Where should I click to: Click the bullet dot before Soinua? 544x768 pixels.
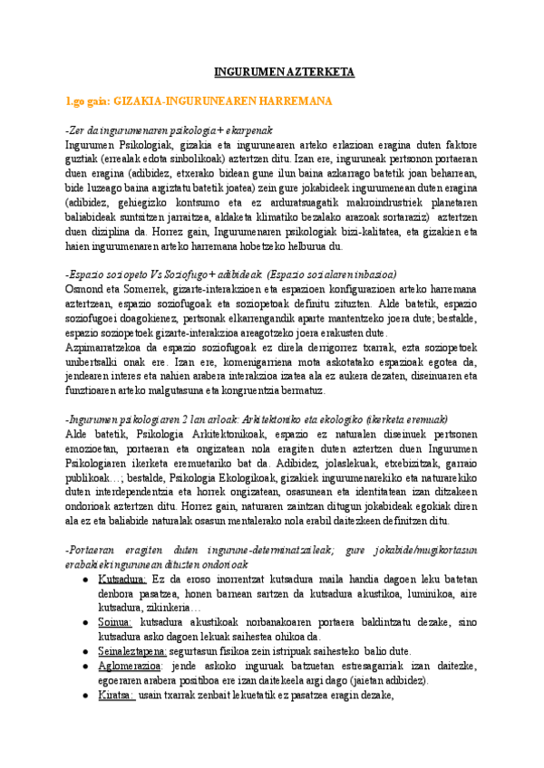coord(86,621)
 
